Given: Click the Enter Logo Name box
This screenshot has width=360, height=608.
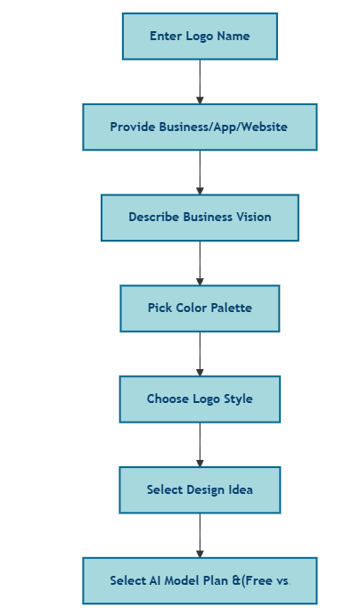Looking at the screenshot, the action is (x=200, y=37).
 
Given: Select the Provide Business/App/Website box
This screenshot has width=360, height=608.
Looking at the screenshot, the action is (x=200, y=127).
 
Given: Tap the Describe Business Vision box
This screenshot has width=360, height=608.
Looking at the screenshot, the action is (x=200, y=218).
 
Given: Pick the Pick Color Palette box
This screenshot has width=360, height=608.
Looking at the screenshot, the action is (x=200, y=308).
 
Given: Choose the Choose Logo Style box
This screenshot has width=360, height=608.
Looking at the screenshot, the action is (x=200, y=399).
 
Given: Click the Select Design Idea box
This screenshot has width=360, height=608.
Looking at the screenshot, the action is (x=200, y=489).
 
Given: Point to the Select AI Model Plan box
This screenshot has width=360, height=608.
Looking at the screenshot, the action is (x=200, y=580).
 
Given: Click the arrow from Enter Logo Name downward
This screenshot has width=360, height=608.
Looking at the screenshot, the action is (x=200, y=82).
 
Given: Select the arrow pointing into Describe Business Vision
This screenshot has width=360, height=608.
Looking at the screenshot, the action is (x=200, y=173).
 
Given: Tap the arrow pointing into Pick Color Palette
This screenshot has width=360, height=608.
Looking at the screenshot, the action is (x=200, y=263).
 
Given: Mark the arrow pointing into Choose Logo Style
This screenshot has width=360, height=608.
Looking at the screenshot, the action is (x=200, y=354).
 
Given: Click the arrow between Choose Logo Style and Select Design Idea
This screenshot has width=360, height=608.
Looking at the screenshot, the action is (x=200, y=445).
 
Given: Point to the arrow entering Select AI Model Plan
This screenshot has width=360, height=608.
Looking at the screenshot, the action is (x=200, y=536).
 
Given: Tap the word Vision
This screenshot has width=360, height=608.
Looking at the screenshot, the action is (x=254, y=217).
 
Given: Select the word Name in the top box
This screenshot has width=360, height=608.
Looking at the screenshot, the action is (x=233, y=36).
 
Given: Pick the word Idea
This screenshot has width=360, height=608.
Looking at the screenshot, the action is (x=241, y=489).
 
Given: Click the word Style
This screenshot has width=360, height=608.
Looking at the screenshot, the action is (x=238, y=399).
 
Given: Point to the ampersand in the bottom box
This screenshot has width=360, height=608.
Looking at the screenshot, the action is (x=236, y=580).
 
